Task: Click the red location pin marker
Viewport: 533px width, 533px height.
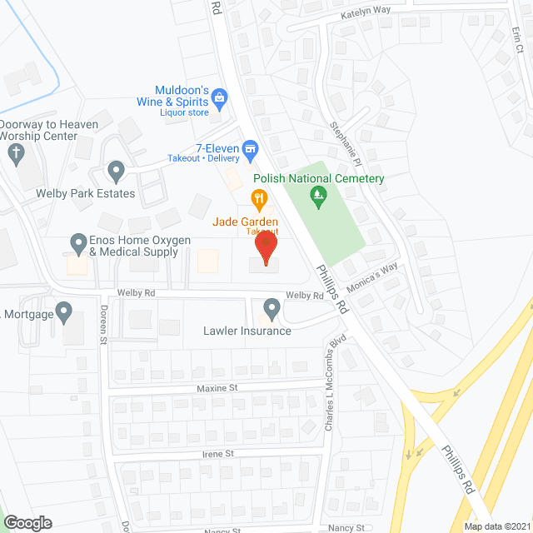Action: pos(265,247)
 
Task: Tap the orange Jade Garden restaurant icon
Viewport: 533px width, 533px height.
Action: pos(259,198)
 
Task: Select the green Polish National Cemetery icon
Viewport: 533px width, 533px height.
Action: pos(317,197)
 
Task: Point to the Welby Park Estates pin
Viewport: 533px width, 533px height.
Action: pos(116,172)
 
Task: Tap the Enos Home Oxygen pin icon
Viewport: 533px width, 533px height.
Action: pos(79,245)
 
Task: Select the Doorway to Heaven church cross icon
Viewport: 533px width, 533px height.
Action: pos(15,152)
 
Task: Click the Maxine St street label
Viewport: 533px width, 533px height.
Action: pos(217,388)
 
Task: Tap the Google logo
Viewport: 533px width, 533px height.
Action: pos(27,522)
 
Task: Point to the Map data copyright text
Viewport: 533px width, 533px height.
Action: pos(497,526)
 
